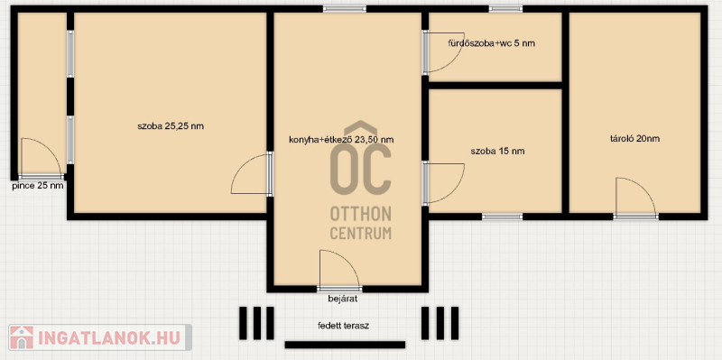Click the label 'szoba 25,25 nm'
171,126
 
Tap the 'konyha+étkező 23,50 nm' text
341,140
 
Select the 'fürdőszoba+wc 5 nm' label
491,43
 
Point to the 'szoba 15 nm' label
497,151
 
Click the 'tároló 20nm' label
634,138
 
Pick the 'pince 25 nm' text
38,186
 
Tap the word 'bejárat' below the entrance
343,299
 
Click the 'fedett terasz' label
343,326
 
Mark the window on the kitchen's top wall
345,9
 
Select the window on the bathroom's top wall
505,9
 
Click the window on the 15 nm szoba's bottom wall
503,217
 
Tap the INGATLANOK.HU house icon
22,337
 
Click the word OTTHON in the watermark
360,214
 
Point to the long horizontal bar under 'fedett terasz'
345,345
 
